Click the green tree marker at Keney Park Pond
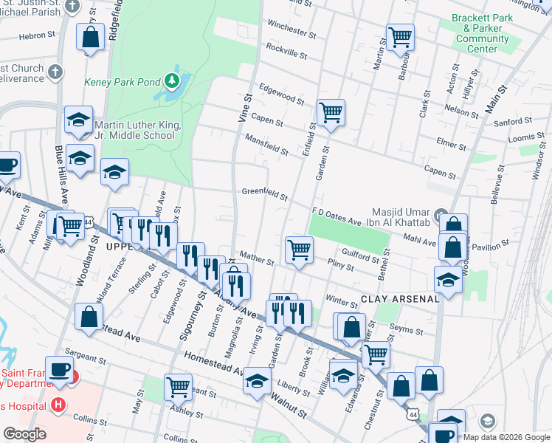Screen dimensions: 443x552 point(172,80)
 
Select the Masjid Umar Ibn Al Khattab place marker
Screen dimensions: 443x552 point(441,216)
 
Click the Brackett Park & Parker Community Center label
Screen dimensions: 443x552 point(481,34)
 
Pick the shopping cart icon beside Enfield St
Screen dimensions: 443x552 point(331,113)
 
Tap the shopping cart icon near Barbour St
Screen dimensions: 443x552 point(400,35)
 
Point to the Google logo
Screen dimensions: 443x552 point(24,434)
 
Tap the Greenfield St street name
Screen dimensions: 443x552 point(264,194)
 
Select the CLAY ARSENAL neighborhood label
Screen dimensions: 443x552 point(400,299)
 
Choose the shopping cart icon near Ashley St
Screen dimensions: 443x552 point(179,386)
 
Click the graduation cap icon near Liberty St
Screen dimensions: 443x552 point(257,381)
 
